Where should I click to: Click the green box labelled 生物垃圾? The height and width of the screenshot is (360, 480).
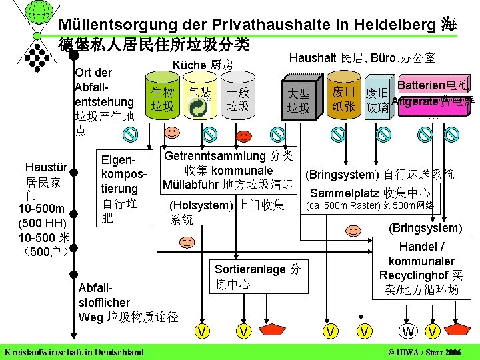pyautogui.click(x=162, y=99)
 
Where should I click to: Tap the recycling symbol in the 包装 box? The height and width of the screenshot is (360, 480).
pyautogui.click(x=199, y=110)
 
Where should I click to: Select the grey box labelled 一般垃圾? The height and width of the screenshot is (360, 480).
pyautogui.click(x=237, y=99)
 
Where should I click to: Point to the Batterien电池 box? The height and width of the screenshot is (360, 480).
pyautogui.click(x=433, y=85)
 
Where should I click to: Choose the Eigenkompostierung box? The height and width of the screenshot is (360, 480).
pyautogui.click(x=119, y=187)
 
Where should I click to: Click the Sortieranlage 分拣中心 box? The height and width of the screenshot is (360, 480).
pyautogui.click(x=257, y=276)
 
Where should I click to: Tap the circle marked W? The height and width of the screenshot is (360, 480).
pyautogui.click(x=406, y=331)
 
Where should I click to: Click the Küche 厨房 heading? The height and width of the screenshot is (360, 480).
pyautogui.click(x=203, y=65)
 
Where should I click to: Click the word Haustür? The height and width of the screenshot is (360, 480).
pyautogui.click(x=45, y=167)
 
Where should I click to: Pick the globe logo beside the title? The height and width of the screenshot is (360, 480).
pyautogui.click(x=39, y=12)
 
